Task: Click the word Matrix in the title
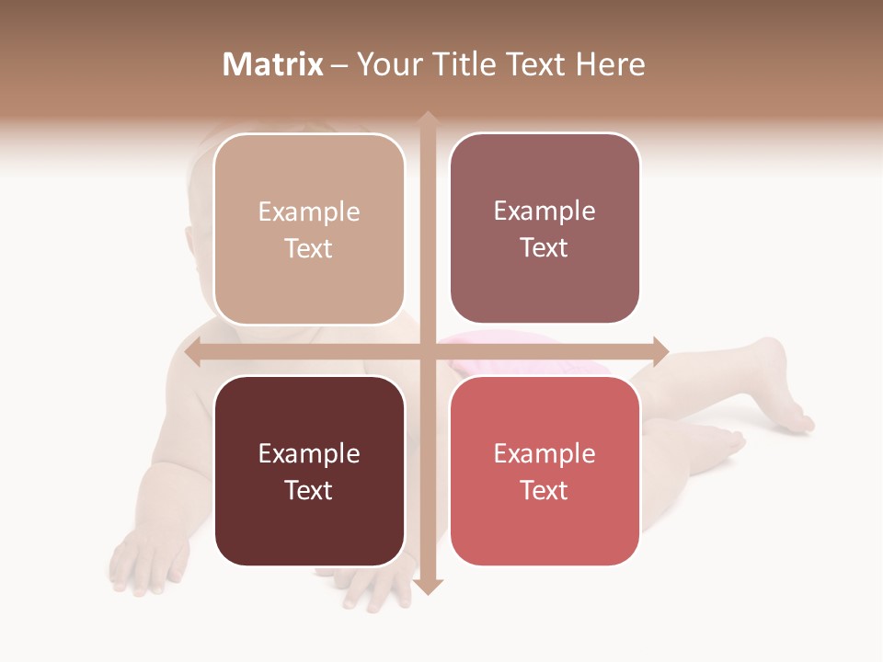click(x=273, y=64)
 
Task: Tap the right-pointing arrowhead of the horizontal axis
click(x=660, y=351)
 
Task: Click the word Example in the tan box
click(x=309, y=212)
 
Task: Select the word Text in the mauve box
click(x=545, y=248)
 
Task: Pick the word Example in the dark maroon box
click(x=309, y=453)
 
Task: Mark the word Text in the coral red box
click(x=545, y=490)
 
